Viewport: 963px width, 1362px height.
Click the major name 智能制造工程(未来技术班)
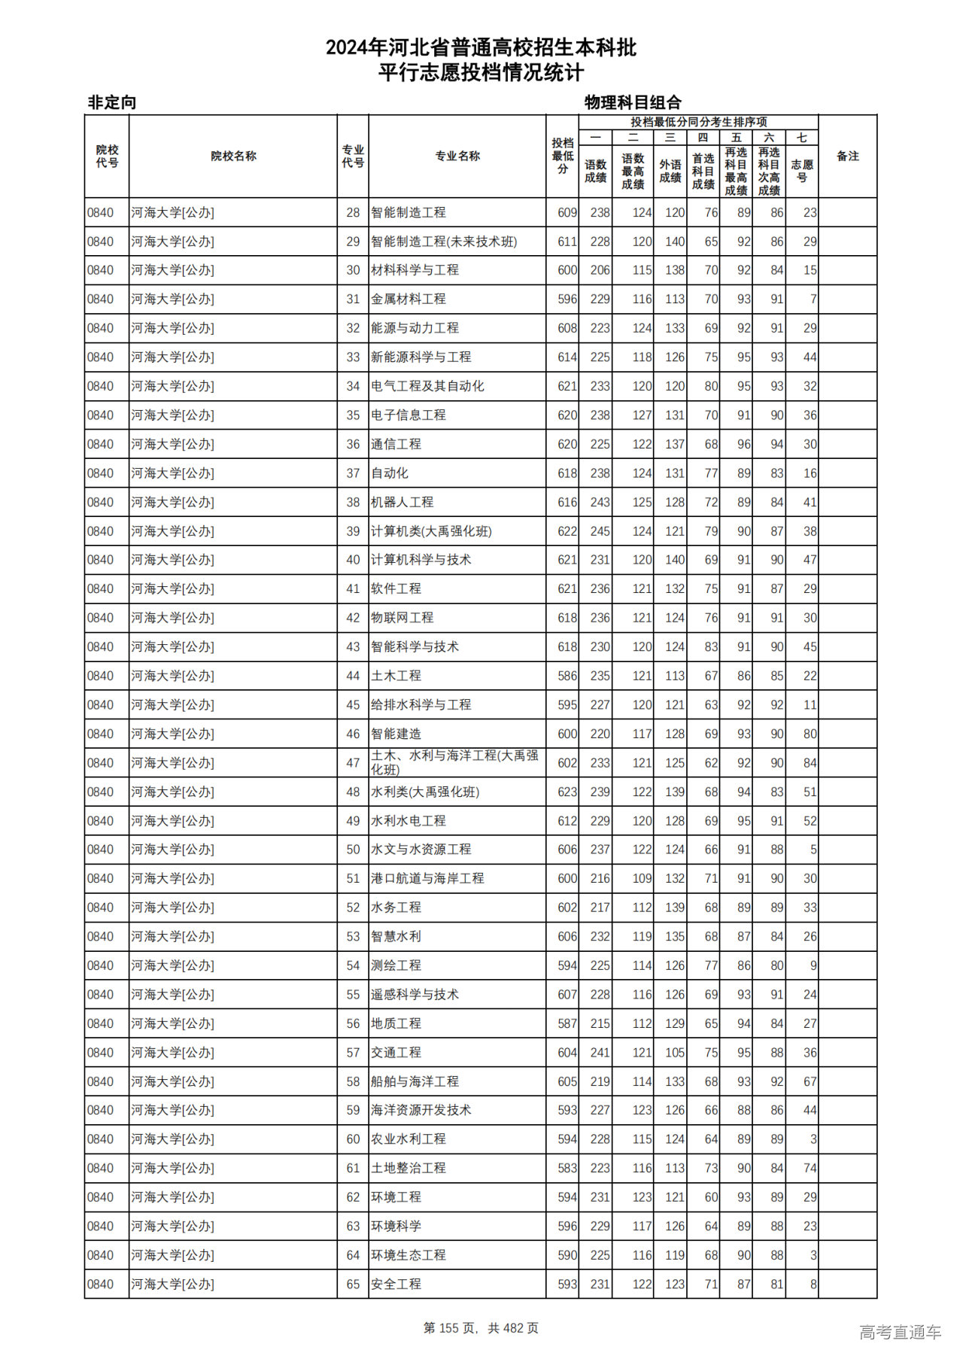[x=444, y=242]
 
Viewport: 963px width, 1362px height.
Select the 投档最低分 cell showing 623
[x=567, y=792]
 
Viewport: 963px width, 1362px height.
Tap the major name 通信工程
[x=396, y=444]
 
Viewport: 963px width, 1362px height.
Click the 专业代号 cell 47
[x=353, y=763]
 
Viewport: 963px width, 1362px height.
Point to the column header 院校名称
[x=233, y=156]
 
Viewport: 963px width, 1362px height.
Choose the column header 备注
[x=847, y=156]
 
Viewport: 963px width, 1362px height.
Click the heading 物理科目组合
[x=633, y=102]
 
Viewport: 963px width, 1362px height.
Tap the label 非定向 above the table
[x=112, y=102]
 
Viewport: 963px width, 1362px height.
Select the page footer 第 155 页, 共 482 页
[x=481, y=1328]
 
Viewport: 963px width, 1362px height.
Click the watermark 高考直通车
[x=900, y=1332]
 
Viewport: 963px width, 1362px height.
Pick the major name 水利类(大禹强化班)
[x=425, y=792]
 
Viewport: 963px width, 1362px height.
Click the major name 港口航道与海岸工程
[x=427, y=878]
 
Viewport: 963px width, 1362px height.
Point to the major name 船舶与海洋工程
[x=415, y=1081]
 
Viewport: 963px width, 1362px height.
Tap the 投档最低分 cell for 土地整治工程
[x=567, y=1168]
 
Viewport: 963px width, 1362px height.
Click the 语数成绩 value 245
[x=600, y=531]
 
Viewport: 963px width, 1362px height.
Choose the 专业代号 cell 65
[x=353, y=1284]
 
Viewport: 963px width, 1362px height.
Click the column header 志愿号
[x=802, y=171]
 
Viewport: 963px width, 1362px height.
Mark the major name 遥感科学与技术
[x=415, y=994]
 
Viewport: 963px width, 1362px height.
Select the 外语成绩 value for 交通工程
[x=674, y=1052]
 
